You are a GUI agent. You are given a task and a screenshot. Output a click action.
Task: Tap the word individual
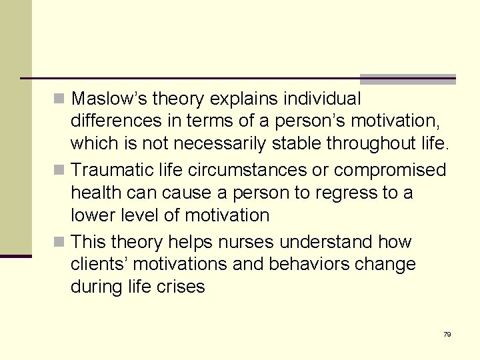tap(322, 99)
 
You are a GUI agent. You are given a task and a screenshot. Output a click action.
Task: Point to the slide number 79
tap(447, 334)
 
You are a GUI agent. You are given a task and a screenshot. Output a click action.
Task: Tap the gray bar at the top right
tap(407, 79)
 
